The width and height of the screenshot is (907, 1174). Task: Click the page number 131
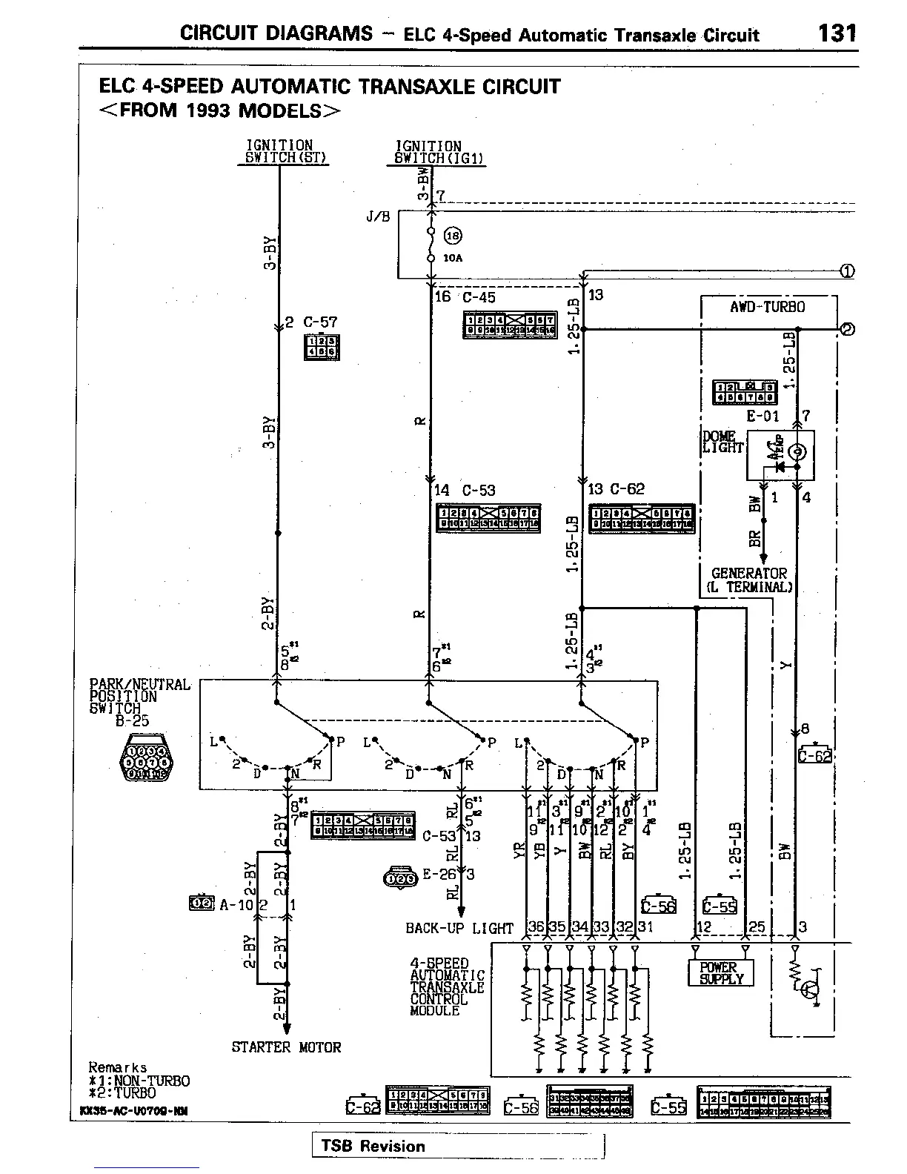(x=838, y=33)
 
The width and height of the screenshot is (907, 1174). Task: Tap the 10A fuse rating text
(x=453, y=259)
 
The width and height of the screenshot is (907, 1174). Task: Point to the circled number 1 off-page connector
(x=847, y=271)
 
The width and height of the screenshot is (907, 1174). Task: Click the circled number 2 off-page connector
(x=847, y=328)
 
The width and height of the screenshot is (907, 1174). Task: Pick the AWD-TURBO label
(x=768, y=307)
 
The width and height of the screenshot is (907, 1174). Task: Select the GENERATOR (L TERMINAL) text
(x=748, y=580)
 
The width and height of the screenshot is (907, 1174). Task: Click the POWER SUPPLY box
(x=720, y=973)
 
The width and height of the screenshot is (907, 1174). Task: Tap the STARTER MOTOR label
(x=286, y=1047)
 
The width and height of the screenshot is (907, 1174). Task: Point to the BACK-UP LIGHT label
(x=459, y=928)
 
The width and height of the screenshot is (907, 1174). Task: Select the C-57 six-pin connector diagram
(x=322, y=347)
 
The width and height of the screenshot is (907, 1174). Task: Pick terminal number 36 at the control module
(x=536, y=926)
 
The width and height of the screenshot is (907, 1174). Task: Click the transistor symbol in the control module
(x=812, y=989)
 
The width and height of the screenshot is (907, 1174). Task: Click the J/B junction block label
(x=377, y=218)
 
